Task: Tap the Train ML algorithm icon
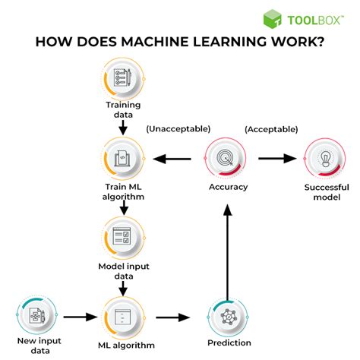(x=122, y=159)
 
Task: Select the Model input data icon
(x=122, y=237)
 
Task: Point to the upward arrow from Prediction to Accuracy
(x=228, y=250)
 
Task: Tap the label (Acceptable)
(x=270, y=129)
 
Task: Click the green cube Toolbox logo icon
(x=273, y=20)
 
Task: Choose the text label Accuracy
(x=228, y=188)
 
